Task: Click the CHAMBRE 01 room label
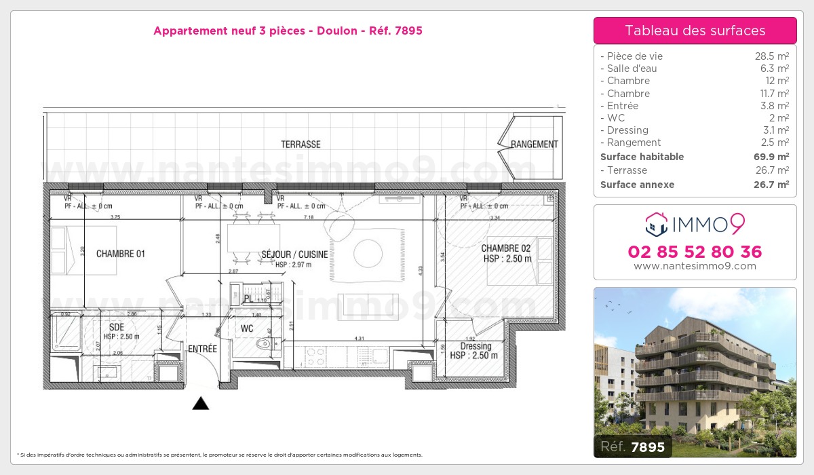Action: [x=120, y=254]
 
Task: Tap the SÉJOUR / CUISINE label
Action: [x=294, y=254]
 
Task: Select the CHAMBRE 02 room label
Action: [x=505, y=248]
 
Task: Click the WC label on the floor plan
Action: [x=248, y=329]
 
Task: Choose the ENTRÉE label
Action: [x=202, y=349]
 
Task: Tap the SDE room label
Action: [x=117, y=327]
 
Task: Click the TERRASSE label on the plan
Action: [x=301, y=145]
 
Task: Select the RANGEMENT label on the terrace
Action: [x=534, y=145]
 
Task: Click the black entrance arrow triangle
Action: [x=200, y=404]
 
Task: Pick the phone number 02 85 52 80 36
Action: [x=695, y=252]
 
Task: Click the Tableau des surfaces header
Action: [x=695, y=31]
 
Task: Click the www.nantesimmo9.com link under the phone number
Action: [x=695, y=266]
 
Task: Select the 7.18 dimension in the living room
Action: [x=309, y=217]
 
